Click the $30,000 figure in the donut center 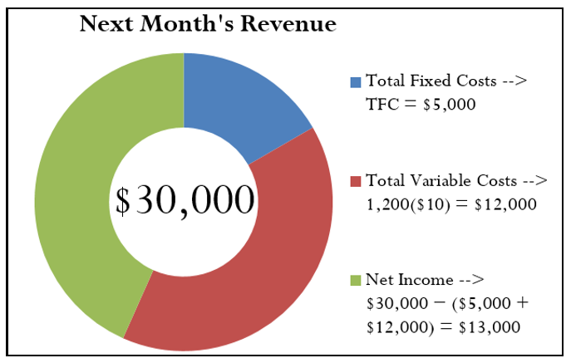[x=184, y=200]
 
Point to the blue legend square [x=356, y=81]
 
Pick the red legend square [x=356, y=180]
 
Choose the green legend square [x=356, y=280]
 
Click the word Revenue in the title [x=290, y=25]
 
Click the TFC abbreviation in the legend [x=381, y=105]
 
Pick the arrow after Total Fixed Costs [x=514, y=81]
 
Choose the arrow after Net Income [x=469, y=280]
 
